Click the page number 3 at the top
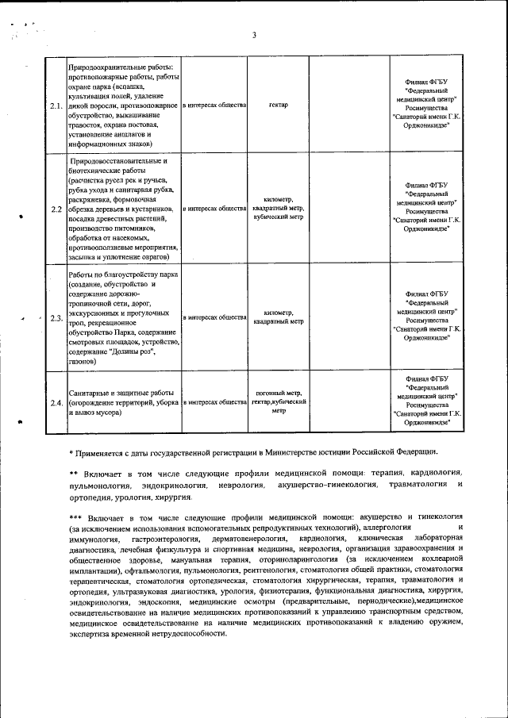pos(254,35)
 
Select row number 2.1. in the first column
pos(56,106)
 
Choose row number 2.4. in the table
pos(56,403)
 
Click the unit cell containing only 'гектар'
pos(278,106)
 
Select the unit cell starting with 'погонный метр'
pos(278,402)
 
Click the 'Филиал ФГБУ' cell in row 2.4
pos(426,402)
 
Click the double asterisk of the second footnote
pos(74,473)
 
